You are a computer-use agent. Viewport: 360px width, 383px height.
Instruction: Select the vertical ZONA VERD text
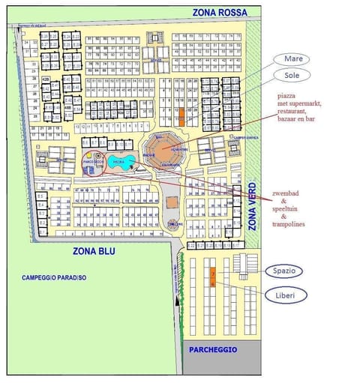coord(253,207)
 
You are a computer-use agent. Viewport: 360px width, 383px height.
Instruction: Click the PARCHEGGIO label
coord(214,350)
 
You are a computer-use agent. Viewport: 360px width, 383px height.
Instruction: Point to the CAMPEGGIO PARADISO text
coord(54,278)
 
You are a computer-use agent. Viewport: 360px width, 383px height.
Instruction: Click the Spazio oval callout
coord(283,270)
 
